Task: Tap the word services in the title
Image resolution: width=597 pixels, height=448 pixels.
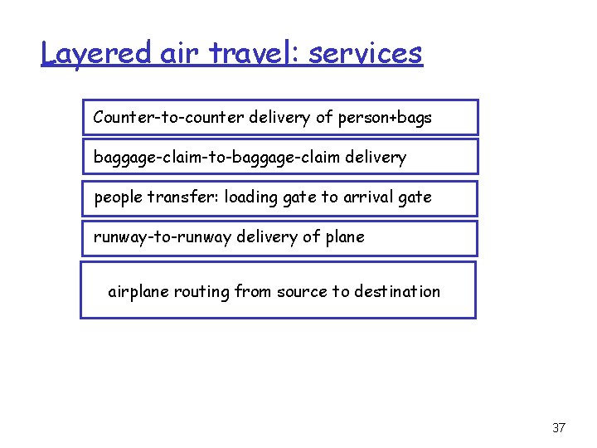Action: coord(366,53)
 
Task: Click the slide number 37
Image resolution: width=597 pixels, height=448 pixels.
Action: coord(558,428)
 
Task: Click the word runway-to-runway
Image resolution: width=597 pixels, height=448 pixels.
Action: coord(163,237)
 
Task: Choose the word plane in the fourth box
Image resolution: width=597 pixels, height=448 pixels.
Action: coord(344,237)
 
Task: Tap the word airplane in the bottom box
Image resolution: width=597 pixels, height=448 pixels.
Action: coord(138,291)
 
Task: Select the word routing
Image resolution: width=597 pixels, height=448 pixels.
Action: coord(201,291)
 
